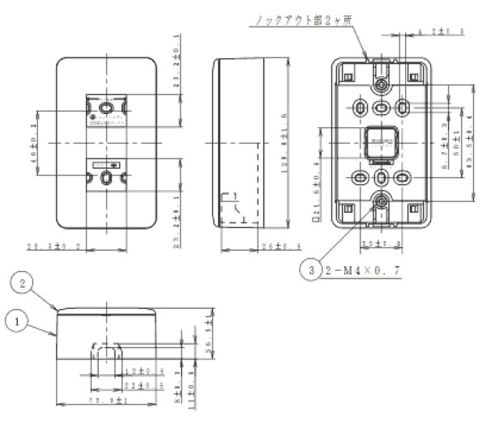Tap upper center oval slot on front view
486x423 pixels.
[105, 107]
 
